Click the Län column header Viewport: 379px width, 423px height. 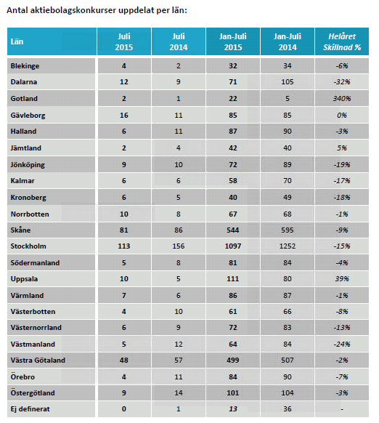point(17,41)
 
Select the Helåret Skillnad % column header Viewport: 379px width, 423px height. point(342,41)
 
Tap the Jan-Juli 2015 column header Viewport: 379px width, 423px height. point(233,41)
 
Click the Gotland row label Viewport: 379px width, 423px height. point(24,98)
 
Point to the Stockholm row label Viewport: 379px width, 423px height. point(28,246)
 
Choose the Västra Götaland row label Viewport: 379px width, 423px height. point(38,360)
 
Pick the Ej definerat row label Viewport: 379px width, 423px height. point(30,409)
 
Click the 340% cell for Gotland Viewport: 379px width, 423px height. point(342,98)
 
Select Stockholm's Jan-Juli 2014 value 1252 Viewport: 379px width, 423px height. point(288,246)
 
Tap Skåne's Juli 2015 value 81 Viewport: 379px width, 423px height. point(124,230)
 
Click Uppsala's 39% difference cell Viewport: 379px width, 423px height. point(342,278)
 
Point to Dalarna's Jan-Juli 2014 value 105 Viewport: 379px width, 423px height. point(288,81)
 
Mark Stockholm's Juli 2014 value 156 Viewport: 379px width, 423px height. point(179,246)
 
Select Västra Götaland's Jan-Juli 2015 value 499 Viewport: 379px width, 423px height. point(233,360)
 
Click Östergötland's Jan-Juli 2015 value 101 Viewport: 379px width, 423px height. point(233,392)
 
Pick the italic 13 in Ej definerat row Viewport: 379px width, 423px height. point(233,409)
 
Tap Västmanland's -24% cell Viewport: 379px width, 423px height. point(342,345)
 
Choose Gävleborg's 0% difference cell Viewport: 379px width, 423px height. point(342,115)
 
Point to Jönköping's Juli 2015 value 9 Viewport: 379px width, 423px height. point(124,164)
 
